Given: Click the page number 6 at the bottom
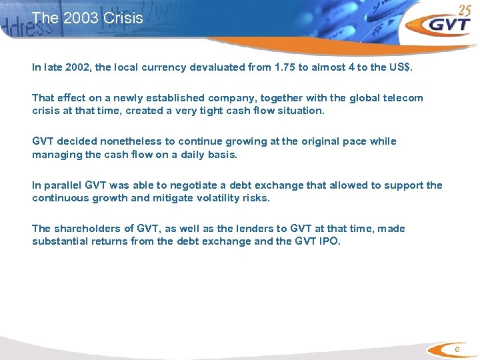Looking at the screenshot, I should [457, 350].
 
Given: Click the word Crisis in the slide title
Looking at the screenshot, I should [123, 18].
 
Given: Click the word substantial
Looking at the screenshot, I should [60, 241].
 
